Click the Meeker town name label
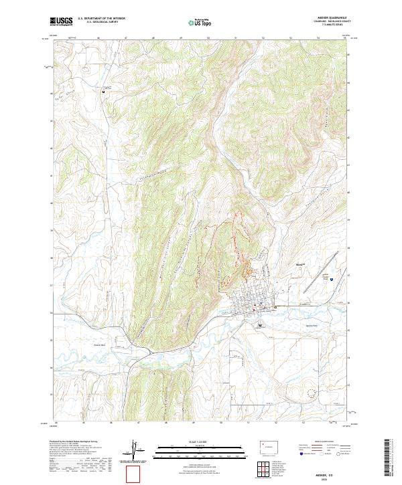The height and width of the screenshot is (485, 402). (300, 264)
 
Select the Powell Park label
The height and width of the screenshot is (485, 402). (100, 345)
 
